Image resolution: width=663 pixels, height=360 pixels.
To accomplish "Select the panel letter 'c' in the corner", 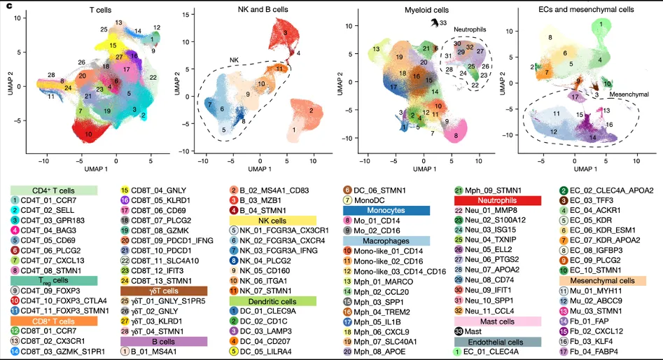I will tap(8, 6).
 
